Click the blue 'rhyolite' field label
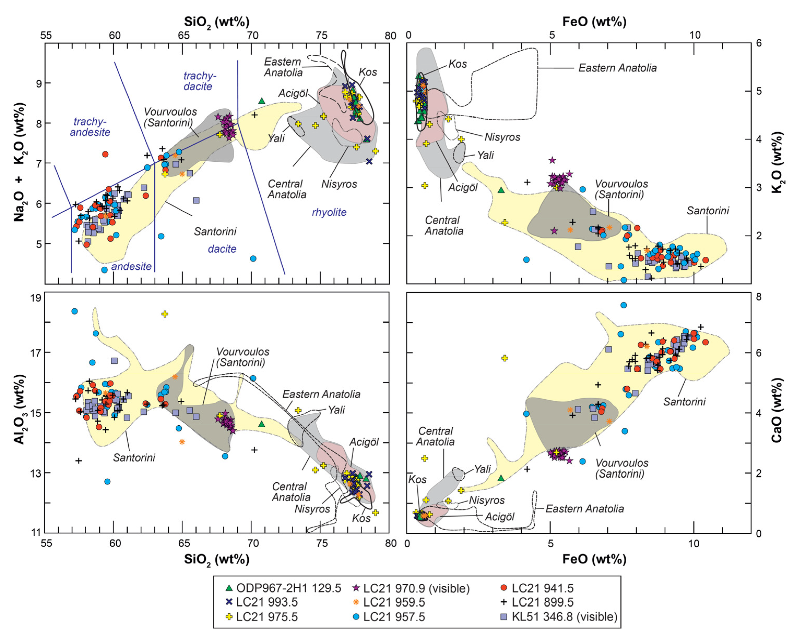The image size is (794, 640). (329, 212)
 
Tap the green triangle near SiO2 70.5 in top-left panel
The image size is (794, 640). (262, 101)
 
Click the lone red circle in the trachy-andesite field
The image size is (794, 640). (105, 154)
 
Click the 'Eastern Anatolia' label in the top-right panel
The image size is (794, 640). (617, 68)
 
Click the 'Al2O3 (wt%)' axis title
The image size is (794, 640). (20, 410)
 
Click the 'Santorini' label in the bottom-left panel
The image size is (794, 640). (134, 458)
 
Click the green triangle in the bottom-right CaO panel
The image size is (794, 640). (500, 478)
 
